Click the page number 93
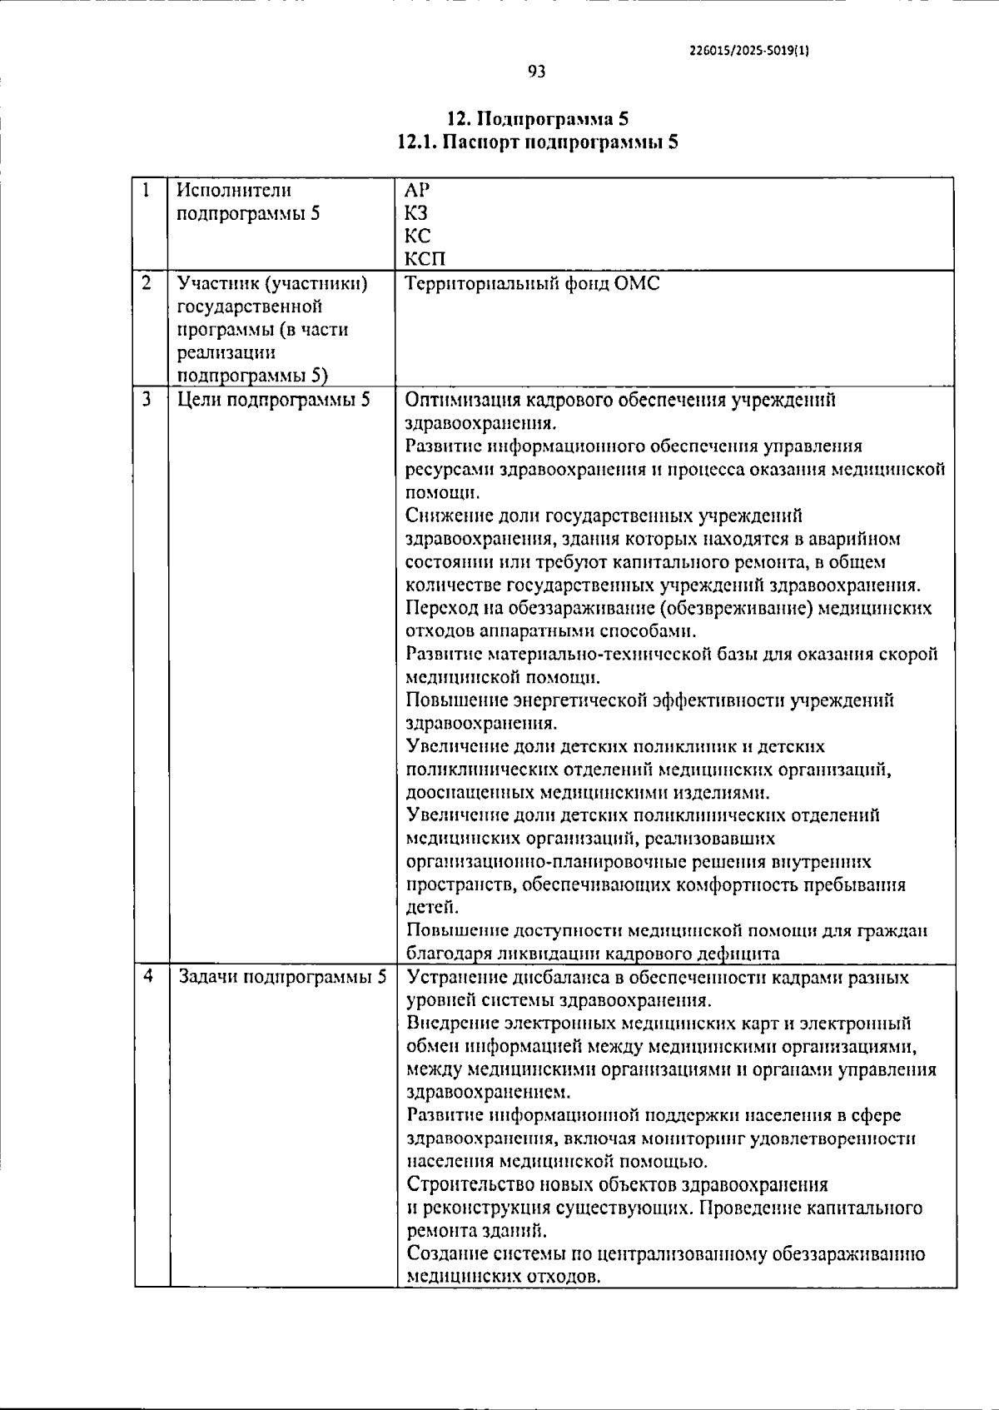point(537,72)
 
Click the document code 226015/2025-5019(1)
point(749,50)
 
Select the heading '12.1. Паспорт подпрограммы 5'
point(537,142)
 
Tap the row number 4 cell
point(148,977)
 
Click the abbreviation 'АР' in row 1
point(418,190)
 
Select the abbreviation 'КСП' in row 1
point(425,260)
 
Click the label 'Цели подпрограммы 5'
point(274,400)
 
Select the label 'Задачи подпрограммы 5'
point(282,977)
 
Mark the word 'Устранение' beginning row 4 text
point(456,977)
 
